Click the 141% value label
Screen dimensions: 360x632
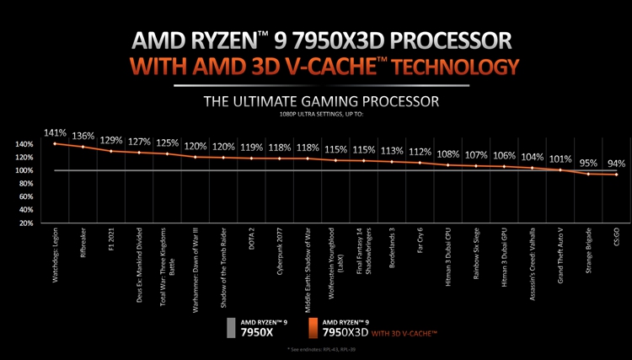[x=56, y=132]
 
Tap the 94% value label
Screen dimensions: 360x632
[x=617, y=164]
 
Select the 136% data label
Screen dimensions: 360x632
[x=83, y=136]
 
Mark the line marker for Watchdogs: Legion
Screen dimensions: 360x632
[x=56, y=143]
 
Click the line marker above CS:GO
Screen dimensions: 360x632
[x=617, y=175]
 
